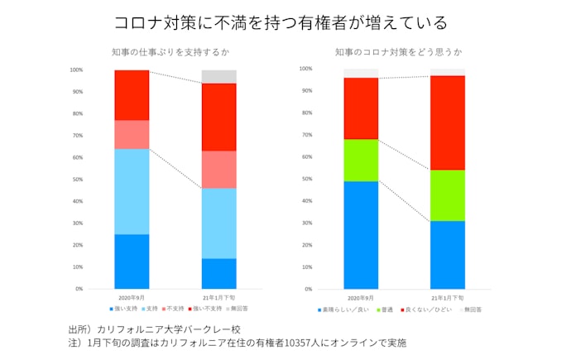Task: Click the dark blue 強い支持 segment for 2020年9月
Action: (x=132, y=261)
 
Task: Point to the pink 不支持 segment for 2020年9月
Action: (x=132, y=134)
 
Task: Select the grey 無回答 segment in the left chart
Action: (x=219, y=76)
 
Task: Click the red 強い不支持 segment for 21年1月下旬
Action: (x=219, y=117)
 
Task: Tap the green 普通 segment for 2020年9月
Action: (x=361, y=160)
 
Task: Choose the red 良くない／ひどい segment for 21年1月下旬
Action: (x=448, y=122)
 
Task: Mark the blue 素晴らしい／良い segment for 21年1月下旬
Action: (x=448, y=254)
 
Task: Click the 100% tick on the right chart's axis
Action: (x=305, y=69)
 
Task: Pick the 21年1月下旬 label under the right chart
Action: (x=448, y=297)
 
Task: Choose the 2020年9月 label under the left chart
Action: (x=132, y=296)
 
